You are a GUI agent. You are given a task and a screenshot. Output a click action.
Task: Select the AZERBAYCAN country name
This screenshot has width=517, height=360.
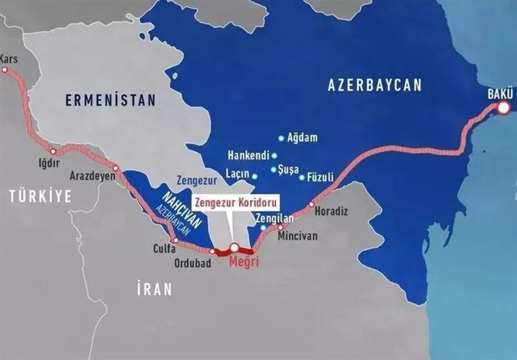coord(374,85)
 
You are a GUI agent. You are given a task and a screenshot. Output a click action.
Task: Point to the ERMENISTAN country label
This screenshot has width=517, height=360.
coord(111,100)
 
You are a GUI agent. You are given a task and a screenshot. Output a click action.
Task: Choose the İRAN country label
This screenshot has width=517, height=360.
coord(154,289)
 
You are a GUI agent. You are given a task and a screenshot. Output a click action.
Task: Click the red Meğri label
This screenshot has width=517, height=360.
coord(244,263)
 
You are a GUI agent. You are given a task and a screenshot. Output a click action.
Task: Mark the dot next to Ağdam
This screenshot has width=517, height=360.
coord(280,138)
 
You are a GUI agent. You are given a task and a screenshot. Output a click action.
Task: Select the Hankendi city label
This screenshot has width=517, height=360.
coord(249,156)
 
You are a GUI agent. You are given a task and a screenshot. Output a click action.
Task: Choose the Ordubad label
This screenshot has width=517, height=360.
coord(193,263)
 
